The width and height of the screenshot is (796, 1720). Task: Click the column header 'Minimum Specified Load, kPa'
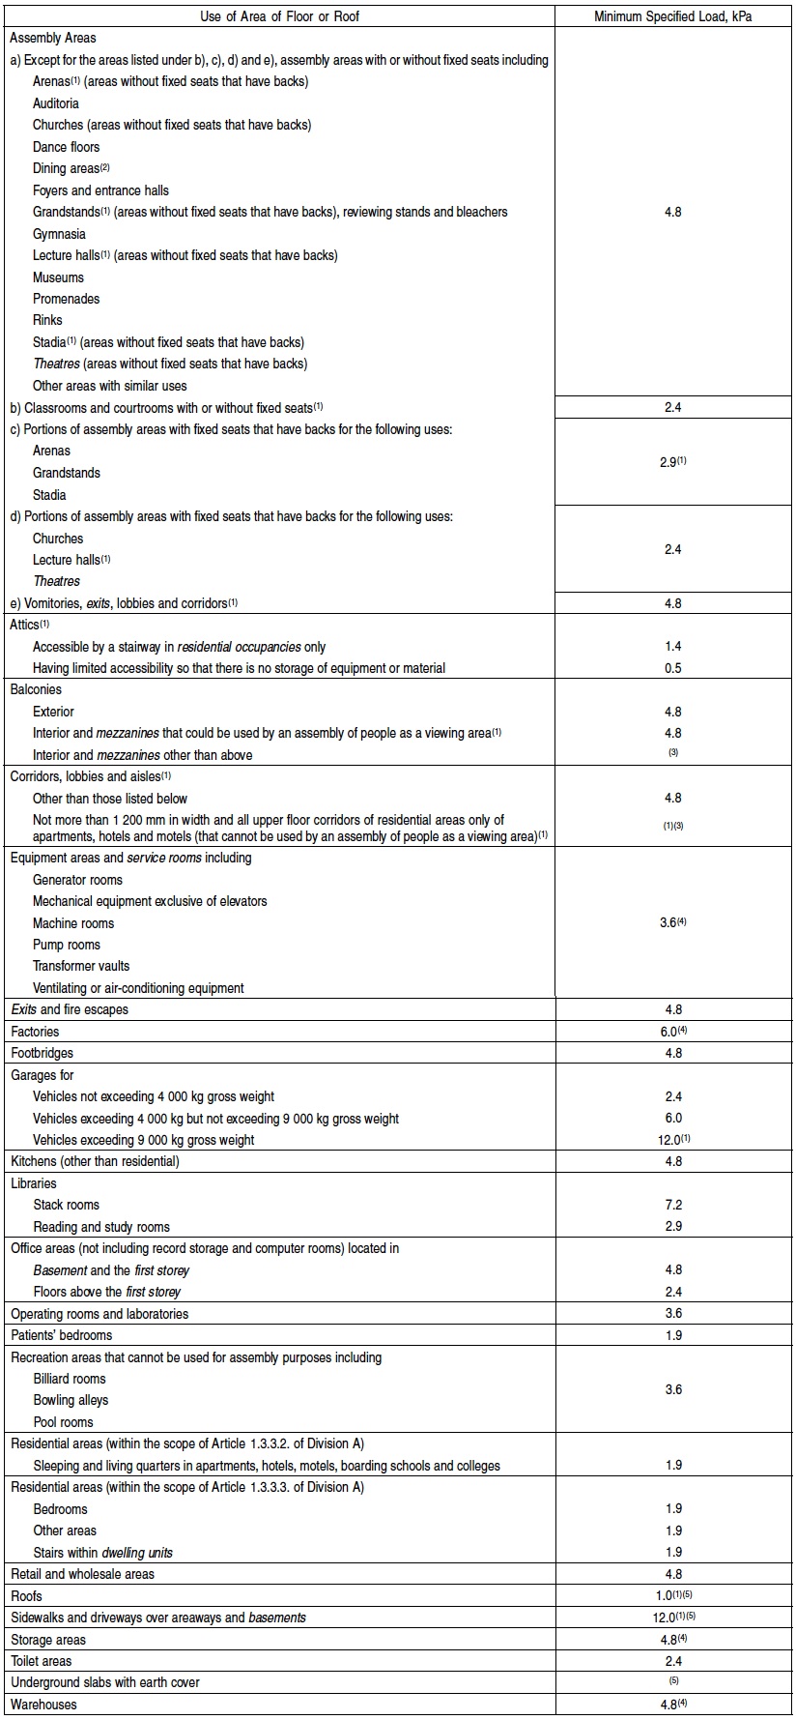click(x=673, y=16)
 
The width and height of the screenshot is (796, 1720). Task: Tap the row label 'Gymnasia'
click(x=59, y=234)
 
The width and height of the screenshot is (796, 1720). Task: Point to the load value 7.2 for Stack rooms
click(x=673, y=1205)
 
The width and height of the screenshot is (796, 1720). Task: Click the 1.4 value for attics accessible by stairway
click(x=673, y=646)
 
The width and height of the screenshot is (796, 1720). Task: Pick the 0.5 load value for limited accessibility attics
click(x=673, y=668)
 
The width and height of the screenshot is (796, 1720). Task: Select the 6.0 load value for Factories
click(x=670, y=1032)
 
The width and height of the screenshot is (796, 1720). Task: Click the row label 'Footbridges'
click(x=42, y=1053)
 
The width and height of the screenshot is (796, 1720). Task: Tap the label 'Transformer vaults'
click(x=81, y=966)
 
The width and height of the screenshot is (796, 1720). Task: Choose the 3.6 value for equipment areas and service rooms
click(x=670, y=922)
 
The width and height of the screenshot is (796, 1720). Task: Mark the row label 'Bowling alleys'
click(x=71, y=1400)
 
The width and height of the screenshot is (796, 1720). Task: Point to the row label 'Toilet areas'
click(x=42, y=1661)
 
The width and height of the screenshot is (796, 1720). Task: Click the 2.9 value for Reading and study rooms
click(x=673, y=1226)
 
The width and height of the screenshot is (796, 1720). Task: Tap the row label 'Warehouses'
click(x=43, y=1705)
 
